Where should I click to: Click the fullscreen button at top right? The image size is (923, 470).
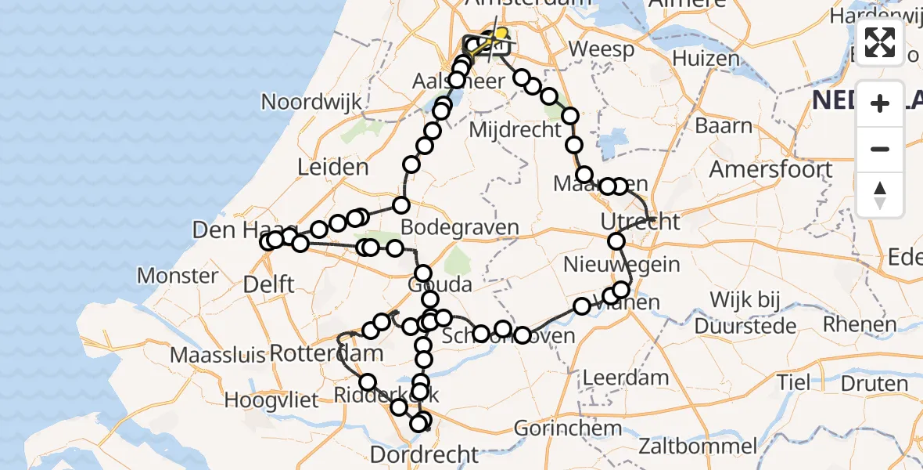(x=880, y=42)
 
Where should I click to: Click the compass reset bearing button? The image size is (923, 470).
(x=880, y=195)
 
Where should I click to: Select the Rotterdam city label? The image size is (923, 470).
(x=327, y=353)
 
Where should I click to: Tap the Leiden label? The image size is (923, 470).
(x=332, y=167)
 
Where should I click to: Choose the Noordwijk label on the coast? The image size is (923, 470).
(x=311, y=102)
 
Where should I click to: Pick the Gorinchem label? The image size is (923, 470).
(x=569, y=428)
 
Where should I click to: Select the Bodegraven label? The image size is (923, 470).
(x=459, y=228)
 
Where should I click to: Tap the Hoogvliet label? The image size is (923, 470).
(x=271, y=401)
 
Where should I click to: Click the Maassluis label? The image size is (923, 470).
(x=218, y=355)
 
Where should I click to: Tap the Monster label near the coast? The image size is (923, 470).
(x=178, y=276)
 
